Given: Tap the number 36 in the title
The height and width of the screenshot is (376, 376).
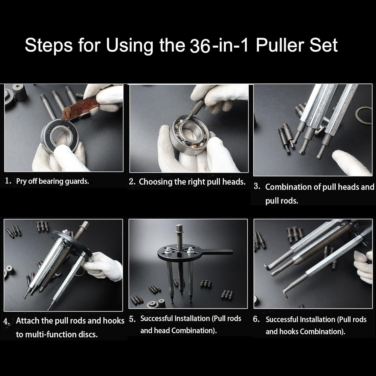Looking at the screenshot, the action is tap(200, 46).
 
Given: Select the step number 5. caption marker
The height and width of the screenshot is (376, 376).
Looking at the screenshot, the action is tap(132, 319).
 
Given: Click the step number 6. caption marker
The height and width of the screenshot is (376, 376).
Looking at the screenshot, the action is tap(256, 319).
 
